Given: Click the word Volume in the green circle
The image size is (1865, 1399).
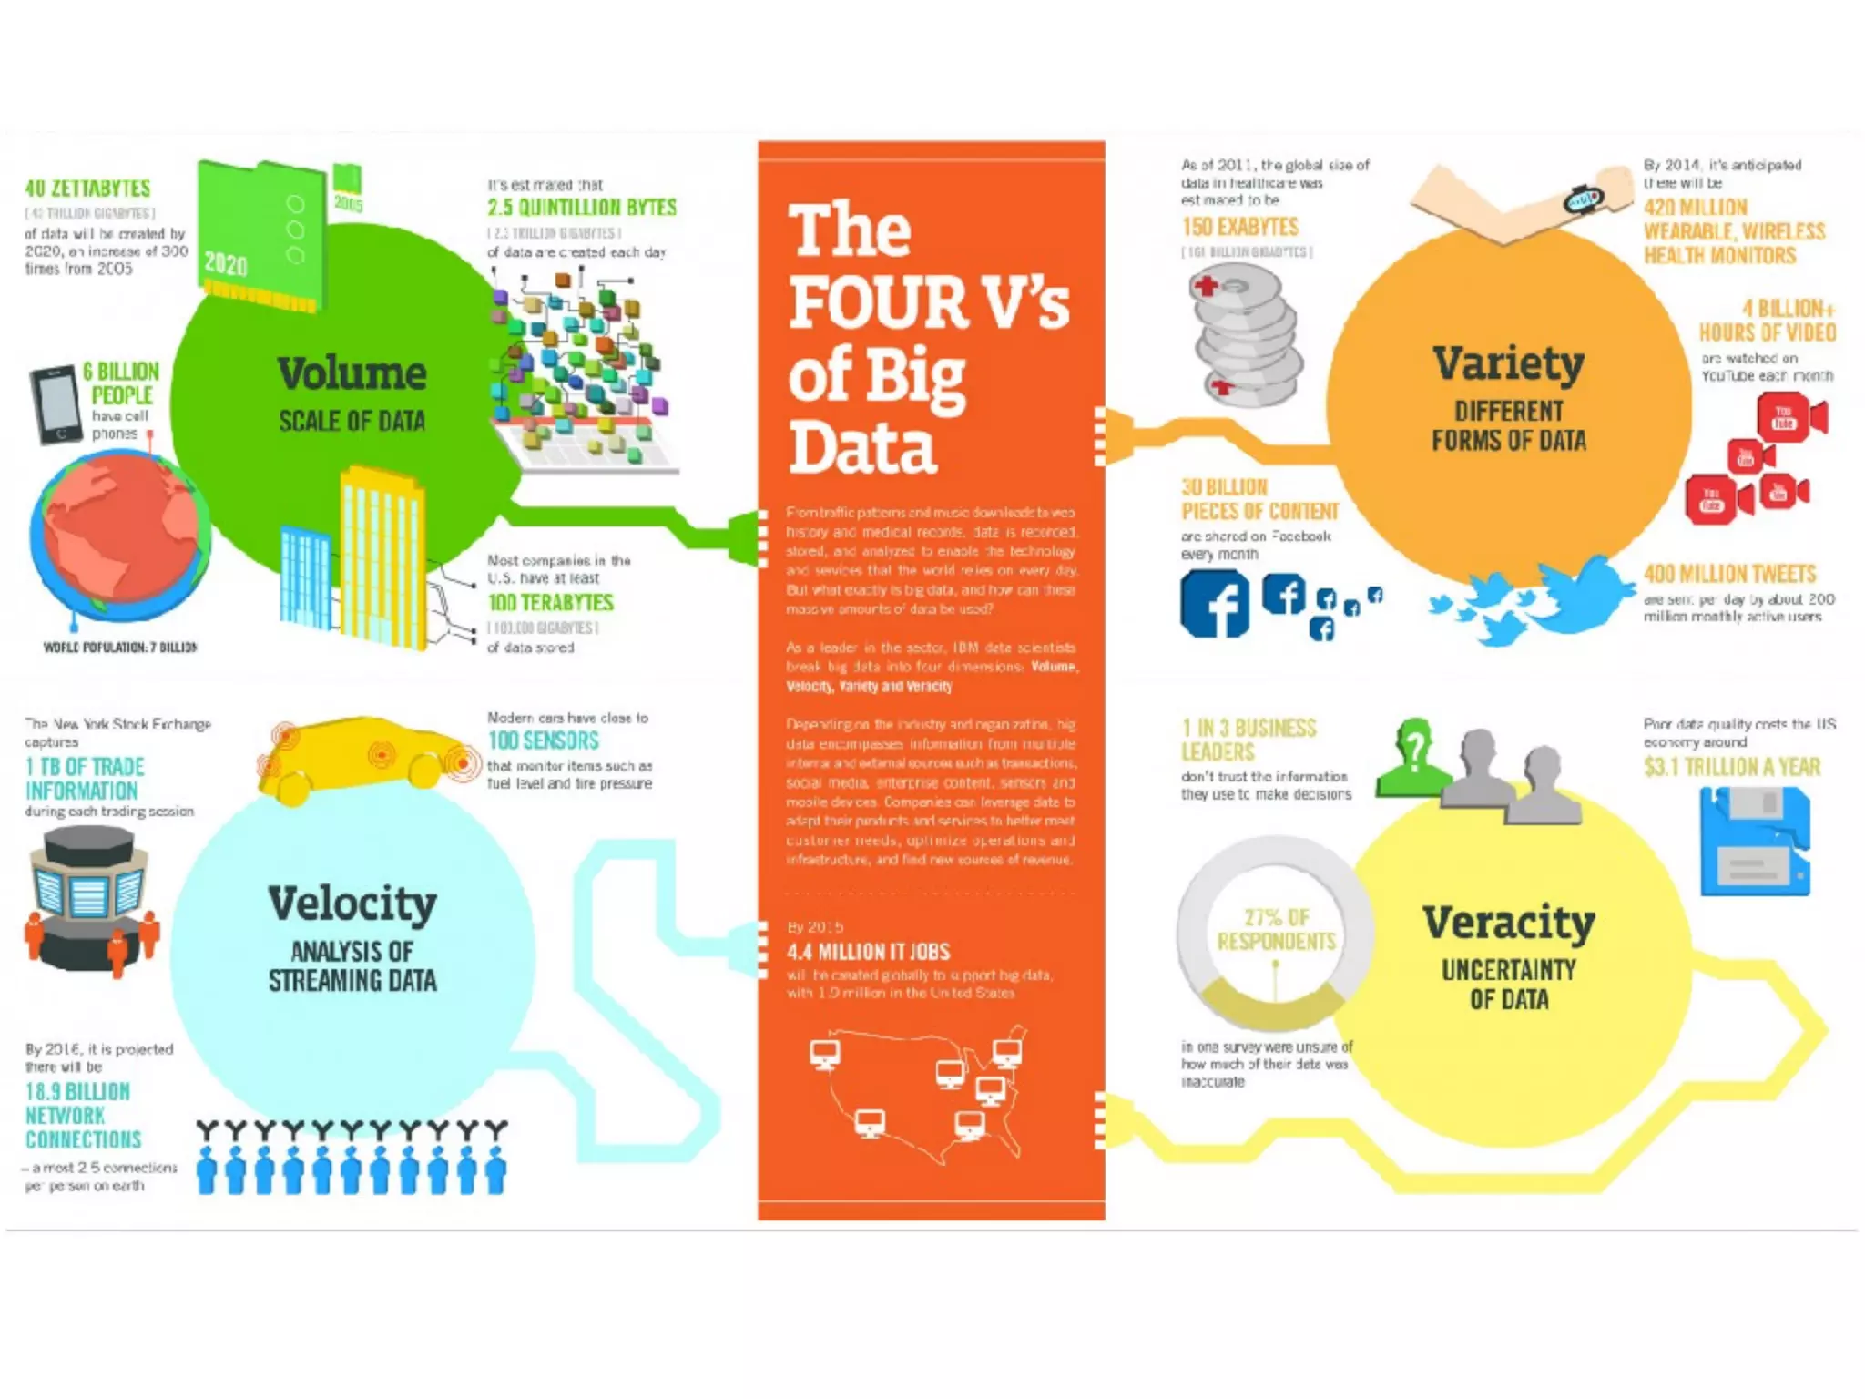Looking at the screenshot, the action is click(352, 373).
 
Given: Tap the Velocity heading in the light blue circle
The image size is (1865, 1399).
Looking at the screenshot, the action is click(352, 904).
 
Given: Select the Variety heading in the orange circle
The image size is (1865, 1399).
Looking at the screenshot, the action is click(1508, 364).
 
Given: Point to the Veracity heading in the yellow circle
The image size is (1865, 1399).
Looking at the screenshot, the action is click(1509, 924).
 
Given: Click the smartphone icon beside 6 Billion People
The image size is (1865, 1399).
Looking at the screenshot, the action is click(56, 405).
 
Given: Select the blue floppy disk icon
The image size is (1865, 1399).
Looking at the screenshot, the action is click(1755, 841).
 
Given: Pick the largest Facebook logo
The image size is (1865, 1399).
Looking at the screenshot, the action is click(1215, 603).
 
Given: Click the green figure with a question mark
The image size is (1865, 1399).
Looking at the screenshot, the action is click(1412, 758).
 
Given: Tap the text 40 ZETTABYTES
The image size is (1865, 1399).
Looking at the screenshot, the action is click(87, 189).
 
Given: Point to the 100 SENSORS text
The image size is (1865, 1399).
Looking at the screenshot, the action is click(544, 740).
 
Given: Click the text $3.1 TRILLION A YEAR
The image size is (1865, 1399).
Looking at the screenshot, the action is click(1732, 767).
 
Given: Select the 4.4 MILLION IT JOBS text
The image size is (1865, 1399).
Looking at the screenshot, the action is click(868, 952).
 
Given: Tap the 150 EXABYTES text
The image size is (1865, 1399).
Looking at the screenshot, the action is click(1239, 227).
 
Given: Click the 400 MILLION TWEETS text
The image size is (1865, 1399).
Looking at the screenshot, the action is click(1729, 574).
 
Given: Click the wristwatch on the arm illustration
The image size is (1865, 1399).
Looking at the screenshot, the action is click(1585, 198).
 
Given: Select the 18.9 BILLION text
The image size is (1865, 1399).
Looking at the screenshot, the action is click(77, 1091).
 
